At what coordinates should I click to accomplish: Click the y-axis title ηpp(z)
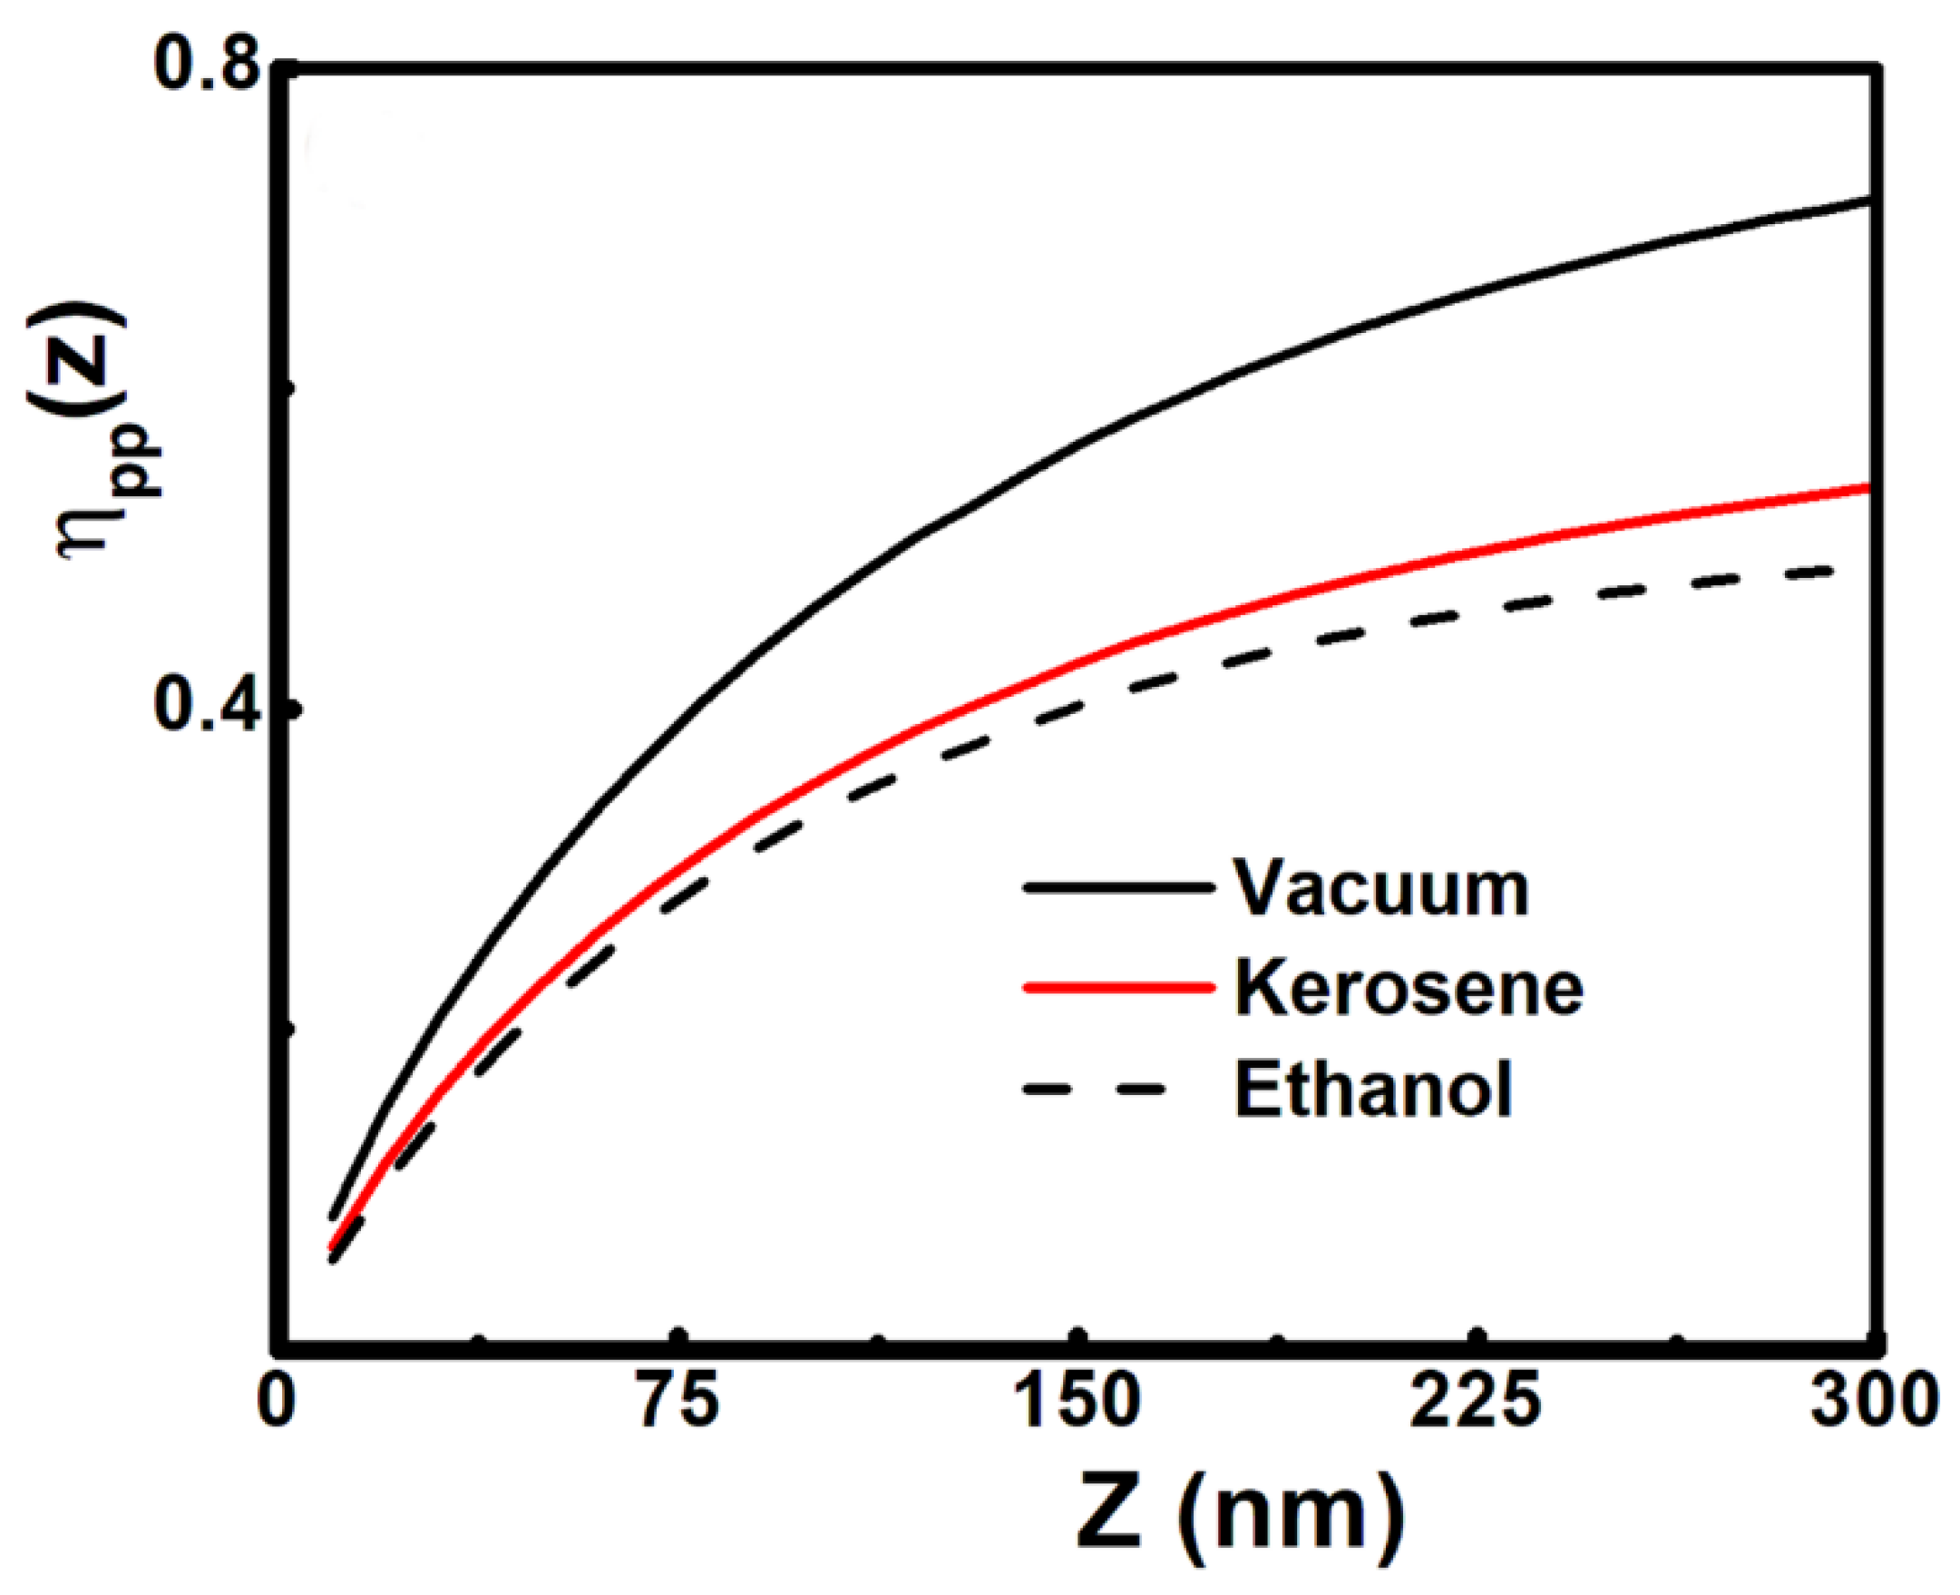[92, 432]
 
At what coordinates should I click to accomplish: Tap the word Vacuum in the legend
[1380, 889]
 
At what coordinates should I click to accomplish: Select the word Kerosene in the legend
[1408, 989]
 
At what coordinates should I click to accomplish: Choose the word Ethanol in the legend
[1372, 1090]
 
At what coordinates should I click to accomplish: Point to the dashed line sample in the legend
[1093, 1090]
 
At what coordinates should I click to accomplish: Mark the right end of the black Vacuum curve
[1868, 199]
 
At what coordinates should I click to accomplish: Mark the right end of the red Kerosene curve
[1868, 488]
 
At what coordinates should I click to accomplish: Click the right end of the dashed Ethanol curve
[1830, 571]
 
